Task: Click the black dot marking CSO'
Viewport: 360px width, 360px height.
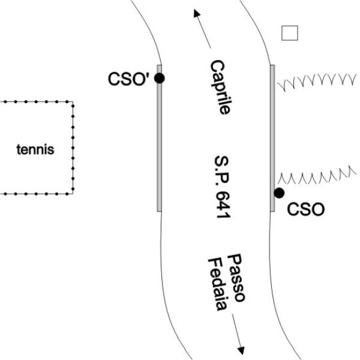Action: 159,78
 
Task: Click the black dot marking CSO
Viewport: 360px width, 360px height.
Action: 279,193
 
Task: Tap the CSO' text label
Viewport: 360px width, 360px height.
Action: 128,79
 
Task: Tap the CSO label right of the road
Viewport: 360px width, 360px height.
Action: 306,209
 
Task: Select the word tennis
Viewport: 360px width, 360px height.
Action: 35,149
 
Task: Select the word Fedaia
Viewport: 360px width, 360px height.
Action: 217,284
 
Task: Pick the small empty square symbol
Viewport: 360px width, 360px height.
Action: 290,33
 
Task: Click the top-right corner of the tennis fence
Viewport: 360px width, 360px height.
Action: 73,103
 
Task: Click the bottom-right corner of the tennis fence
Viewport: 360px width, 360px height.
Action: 73,193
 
